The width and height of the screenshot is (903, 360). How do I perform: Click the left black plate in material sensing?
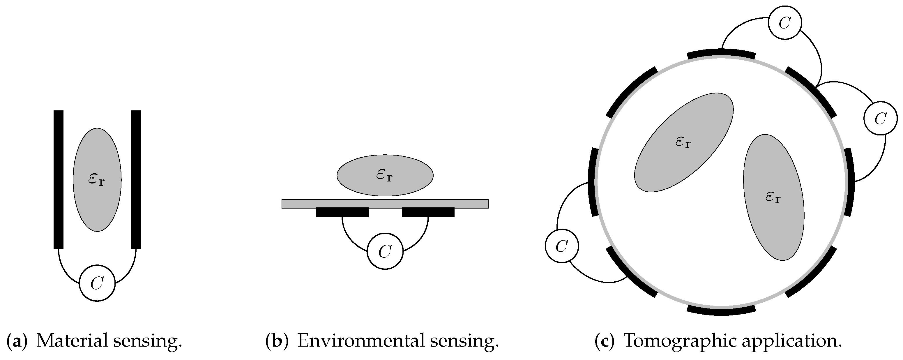[59, 179]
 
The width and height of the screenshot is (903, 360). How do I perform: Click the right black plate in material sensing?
[136, 179]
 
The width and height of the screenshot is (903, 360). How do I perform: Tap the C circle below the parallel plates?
[97, 283]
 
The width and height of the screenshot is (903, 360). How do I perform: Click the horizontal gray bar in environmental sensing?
[385, 204]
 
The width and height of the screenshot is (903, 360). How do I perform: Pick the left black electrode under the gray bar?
[342, 212]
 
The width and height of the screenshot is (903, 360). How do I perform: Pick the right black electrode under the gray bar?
[428, 212]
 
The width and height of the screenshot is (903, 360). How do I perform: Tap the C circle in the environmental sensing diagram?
[385, 251]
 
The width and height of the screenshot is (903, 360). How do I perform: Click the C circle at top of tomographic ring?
[784, 23]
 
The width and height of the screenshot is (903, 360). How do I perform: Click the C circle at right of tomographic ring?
[881, 118]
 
